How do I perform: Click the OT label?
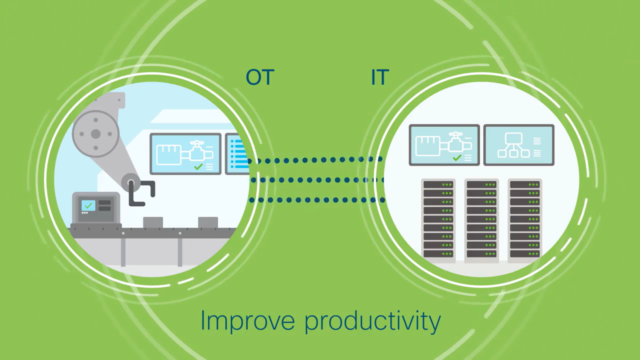click(260, 77)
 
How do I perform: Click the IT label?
click(379, 77)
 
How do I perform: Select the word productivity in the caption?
click(372, 321)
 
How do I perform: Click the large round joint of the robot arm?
click(95, 134)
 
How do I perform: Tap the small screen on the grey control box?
click(88, 205)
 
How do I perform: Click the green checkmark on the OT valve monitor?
click(198, 166)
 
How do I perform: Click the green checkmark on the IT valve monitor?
click(457, 157)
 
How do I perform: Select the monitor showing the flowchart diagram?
click(519, 145)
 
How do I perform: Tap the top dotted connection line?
click(315, 160)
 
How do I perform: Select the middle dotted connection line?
click(317, 180)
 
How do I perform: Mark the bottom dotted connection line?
click(317, 199)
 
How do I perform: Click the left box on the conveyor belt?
click(153, 222)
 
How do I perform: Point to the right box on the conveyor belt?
click(208, 222)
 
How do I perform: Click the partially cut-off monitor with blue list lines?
click(237, 153)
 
